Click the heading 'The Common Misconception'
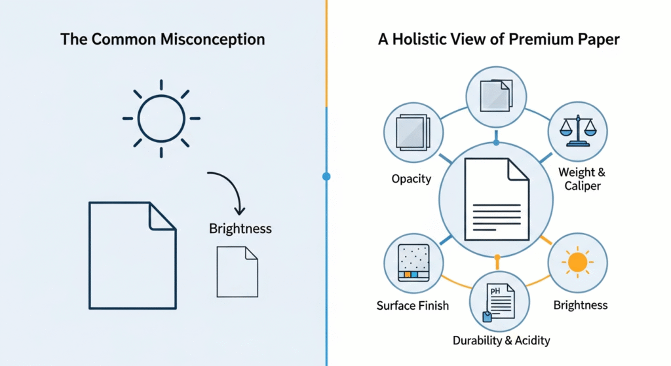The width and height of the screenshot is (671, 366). [163, 39]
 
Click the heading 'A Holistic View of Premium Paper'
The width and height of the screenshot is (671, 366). [499, 39]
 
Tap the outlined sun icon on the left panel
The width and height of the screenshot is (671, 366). [161, 119]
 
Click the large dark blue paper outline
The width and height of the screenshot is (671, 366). [132, 255]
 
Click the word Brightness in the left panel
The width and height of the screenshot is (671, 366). [240, 229]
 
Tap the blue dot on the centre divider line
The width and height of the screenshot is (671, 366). [326, 176]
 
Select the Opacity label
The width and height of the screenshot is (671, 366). [412, 179]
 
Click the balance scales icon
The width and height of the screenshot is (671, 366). [577, 129]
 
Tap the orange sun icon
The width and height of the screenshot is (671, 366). [577, 263]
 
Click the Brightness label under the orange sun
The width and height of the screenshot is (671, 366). [580, 305]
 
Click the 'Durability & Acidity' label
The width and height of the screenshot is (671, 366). [501, 340]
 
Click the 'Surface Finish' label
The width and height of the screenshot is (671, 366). [413, 305]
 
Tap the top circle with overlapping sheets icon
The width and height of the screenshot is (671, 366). [496, 96]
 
